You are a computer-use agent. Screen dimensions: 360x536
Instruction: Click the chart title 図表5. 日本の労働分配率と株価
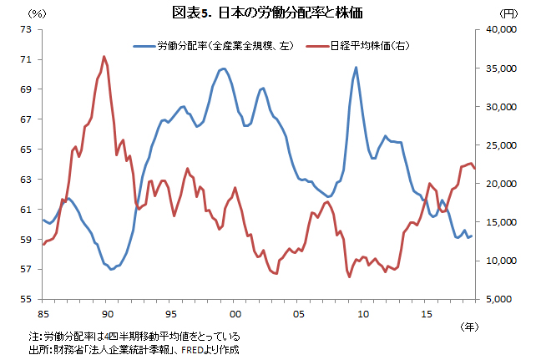267,13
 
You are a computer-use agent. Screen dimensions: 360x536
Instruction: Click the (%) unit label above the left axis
38,13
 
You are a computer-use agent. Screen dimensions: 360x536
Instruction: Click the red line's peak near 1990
104,57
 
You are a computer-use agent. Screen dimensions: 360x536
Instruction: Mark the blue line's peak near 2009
356,68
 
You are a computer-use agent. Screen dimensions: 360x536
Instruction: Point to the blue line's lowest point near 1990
111,269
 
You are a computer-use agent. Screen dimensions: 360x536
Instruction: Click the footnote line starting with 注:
134,336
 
